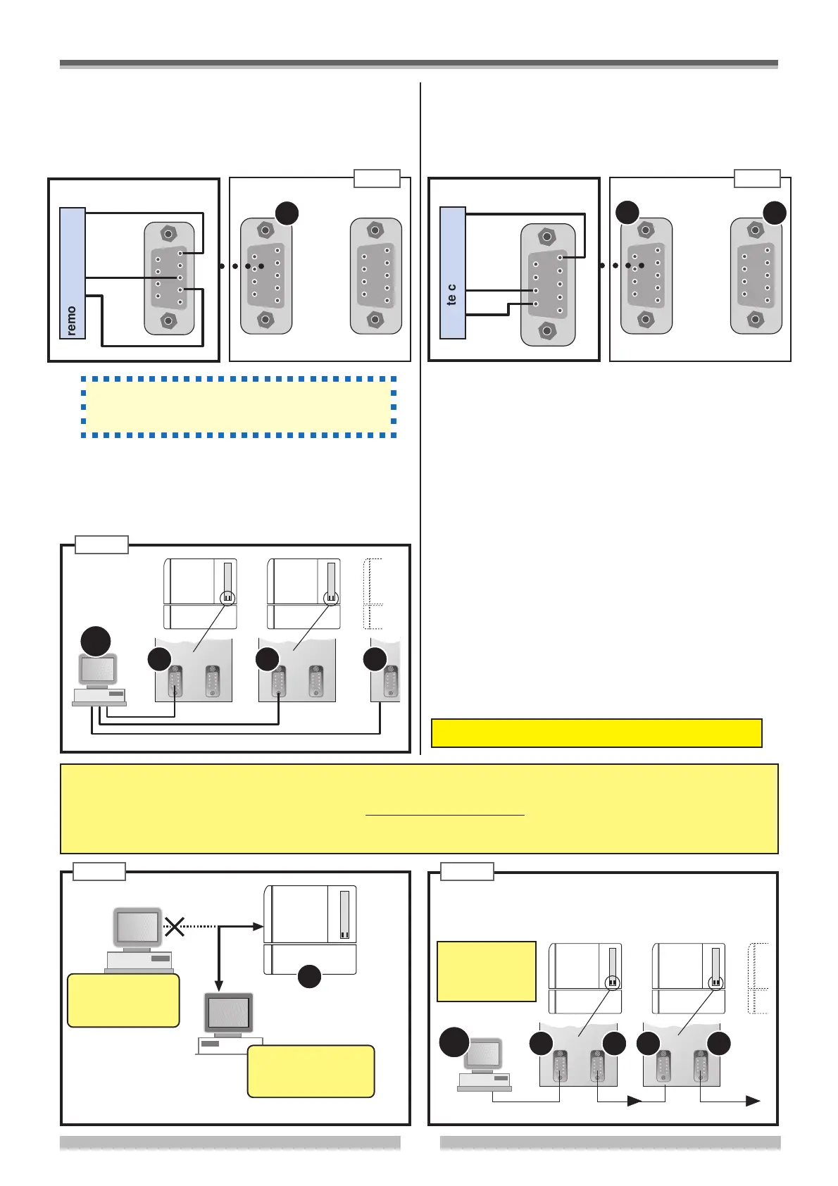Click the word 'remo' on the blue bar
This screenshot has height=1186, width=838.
click(x=72, y=320)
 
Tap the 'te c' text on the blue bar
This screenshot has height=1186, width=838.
click(x=452, y=294)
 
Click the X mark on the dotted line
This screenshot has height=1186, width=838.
click(x=174, y=927)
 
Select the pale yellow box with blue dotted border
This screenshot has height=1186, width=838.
click(x=238, y=407)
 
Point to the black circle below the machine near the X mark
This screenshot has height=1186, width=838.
click(x=310, y=976)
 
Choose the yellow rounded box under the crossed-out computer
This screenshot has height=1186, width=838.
click(x=123, y=1000)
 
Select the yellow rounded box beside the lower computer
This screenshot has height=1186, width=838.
click(x=311, y=1070)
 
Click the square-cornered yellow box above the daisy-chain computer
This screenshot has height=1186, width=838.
click(x=487, y=971)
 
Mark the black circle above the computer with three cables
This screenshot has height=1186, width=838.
click(x=95, y=640)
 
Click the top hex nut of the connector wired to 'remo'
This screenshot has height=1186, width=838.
click(x=168, y=233)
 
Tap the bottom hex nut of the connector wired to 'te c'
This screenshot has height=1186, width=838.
click(x=547, y=331)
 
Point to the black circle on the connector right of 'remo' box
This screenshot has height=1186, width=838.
click(x=287, y=213)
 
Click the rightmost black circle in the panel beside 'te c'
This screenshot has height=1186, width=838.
click(x=775, y=213)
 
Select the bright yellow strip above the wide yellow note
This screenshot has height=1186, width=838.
click(x=596, y=732)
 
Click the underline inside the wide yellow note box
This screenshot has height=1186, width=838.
click(x=445, y=815)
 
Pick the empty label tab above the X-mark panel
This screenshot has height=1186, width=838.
click(x=100, y=871)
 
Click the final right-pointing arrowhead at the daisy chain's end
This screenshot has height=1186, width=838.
click(x=753, y=1101)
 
